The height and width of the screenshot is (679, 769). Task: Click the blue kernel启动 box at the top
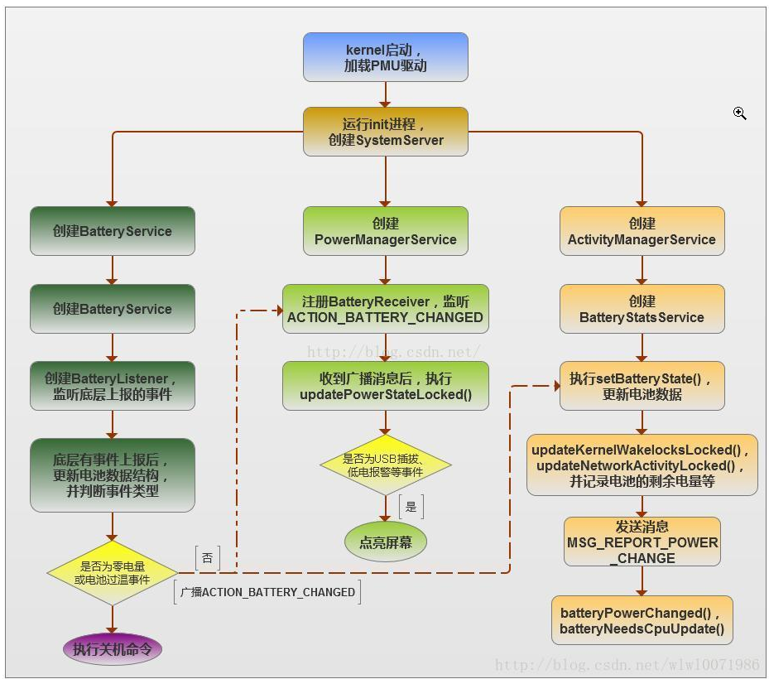(x=385, y=57)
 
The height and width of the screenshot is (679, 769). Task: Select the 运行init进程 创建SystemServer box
(x=385, y=132)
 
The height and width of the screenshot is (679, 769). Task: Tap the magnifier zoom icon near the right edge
(x=739, y=113)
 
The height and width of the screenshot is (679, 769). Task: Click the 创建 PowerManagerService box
(x=385, y=231)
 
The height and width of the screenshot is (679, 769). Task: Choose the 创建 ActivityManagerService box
(x=642, y=231)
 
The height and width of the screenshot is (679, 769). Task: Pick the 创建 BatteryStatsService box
(x=642, y=309)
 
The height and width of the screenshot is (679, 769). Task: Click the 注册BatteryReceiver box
(x=385, y=309)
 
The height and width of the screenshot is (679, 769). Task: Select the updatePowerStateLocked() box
(x=385, y=386)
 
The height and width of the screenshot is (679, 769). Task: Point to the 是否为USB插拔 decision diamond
(x=385, y=465)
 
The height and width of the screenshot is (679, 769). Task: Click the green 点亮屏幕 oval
(x=385, y=542)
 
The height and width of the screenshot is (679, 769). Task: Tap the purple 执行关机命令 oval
(x=112, y=649)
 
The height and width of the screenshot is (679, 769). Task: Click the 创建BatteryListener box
(x=112, y=386)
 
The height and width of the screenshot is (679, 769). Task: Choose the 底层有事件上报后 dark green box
(x=112, y=474)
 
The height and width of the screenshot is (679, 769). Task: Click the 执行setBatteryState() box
(x=642, y=386)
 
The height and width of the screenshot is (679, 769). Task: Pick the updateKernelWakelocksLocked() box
(x=642, y=465)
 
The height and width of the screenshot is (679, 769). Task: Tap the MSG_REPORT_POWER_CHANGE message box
(x=642, y=542)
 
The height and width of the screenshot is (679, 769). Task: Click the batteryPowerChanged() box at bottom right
(x=642, y=620)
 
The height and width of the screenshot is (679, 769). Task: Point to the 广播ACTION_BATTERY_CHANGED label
(x=267, y=592)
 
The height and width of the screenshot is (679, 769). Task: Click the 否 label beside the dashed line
(x=208, y=558)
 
